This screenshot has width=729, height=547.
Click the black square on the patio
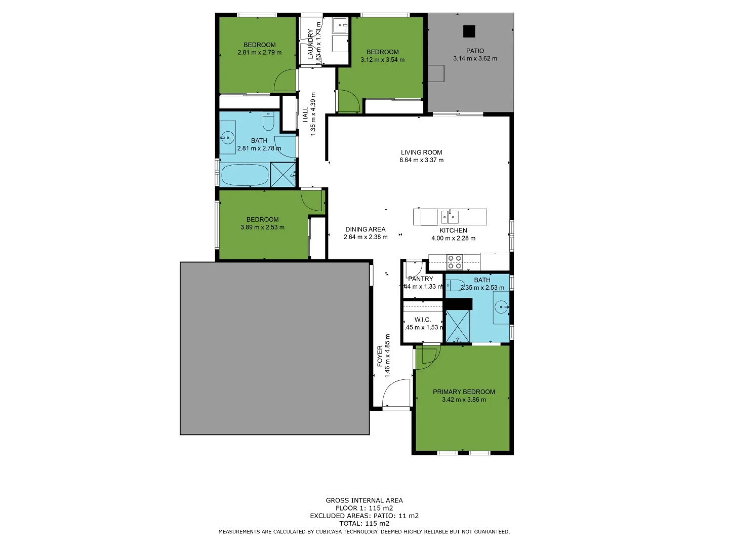pos(469,31)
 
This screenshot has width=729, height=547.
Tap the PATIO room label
pos(475,51)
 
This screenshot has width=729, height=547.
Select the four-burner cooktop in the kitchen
pos(454,262)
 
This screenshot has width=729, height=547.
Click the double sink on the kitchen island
pos(450,217)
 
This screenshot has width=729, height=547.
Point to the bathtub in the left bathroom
pos(245,175)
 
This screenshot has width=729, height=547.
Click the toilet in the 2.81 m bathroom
pos(268,122)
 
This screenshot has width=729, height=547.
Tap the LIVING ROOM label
pos(421,152)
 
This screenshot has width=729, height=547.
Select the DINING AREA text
pos(365,229)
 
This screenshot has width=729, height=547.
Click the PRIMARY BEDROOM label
pos(464,392)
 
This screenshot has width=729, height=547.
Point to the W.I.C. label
pos(422,320)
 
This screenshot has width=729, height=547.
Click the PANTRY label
pos(421,279)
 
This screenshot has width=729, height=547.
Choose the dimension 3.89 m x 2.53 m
pos(262,227)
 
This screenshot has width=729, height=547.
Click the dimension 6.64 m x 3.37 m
pos(421,160)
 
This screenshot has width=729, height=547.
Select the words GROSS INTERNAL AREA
pos(364,500)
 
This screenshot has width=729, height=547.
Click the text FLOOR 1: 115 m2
pos(364,508)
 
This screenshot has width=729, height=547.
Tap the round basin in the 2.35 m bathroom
pos(501,306)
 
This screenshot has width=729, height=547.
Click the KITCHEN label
pos(453,230)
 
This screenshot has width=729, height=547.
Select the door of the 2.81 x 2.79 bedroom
pos(286,81)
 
